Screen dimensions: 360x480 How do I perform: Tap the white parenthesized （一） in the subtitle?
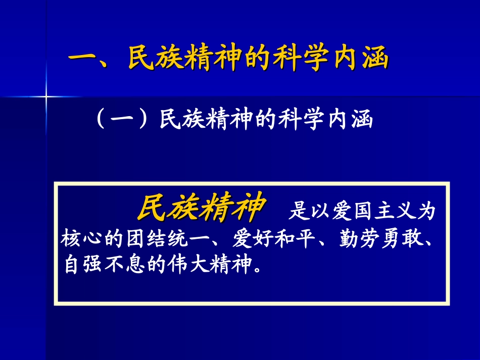coord(121,120)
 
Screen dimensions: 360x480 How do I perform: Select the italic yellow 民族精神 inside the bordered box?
coord(201,208)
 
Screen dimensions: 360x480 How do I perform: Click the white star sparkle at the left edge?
coord(46,95)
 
